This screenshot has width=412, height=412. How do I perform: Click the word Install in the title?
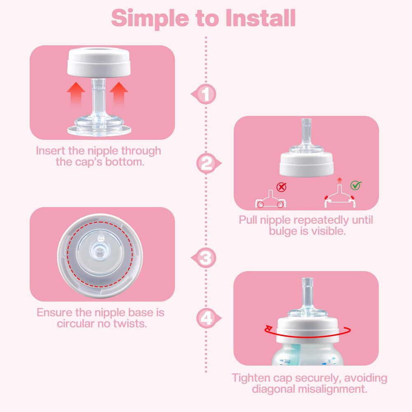pos(261,18)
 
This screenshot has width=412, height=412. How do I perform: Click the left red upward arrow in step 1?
pos(76,94)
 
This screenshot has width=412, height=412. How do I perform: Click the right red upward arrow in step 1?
pos(119,94)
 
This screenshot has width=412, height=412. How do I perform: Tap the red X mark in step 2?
pos(281,187)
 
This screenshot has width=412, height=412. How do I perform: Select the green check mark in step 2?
pos(356,185)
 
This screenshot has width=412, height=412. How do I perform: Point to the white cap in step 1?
pos(99,63)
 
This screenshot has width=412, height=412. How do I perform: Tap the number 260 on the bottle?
pos(287,361)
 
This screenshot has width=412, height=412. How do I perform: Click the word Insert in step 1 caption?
pos(50,151)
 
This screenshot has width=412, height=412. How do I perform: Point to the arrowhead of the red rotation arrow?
pos(268,328)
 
